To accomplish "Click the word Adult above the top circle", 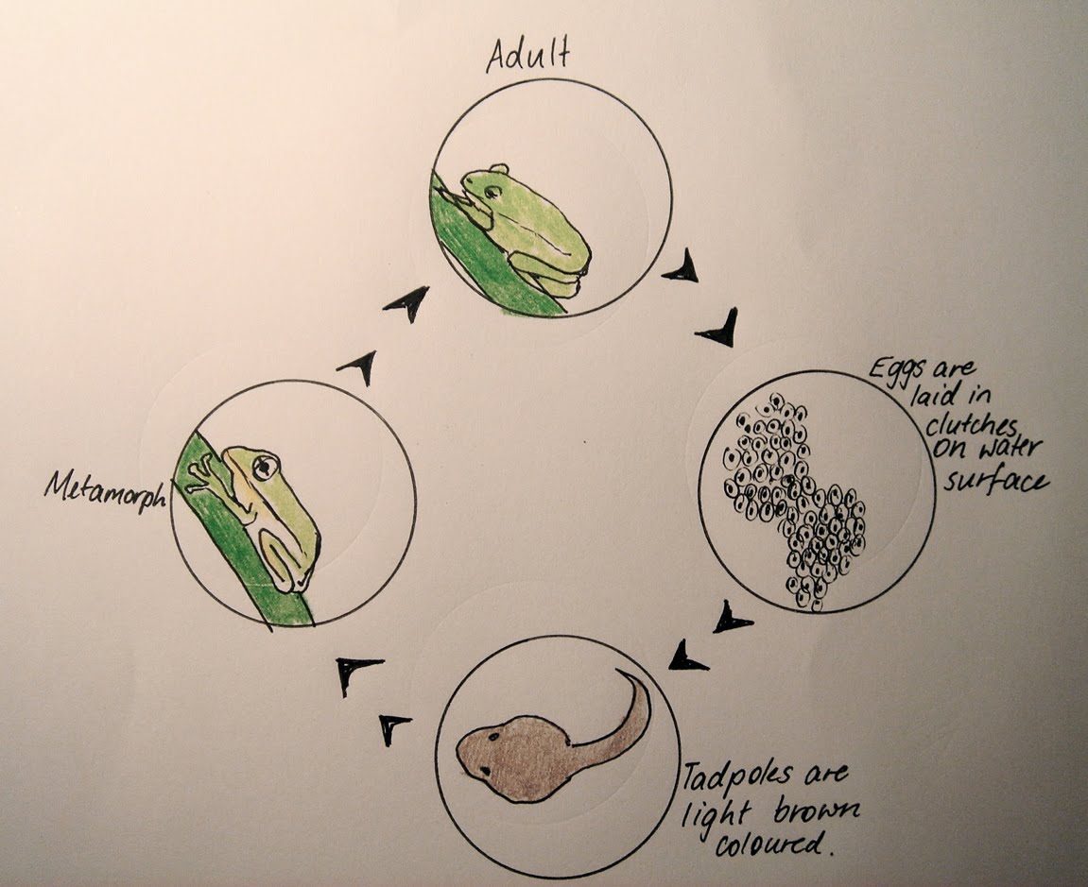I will pos(527,58).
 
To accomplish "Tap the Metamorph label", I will pos(105,487).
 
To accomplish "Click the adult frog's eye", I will pos(492,192).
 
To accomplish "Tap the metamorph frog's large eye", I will pos(266,465).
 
